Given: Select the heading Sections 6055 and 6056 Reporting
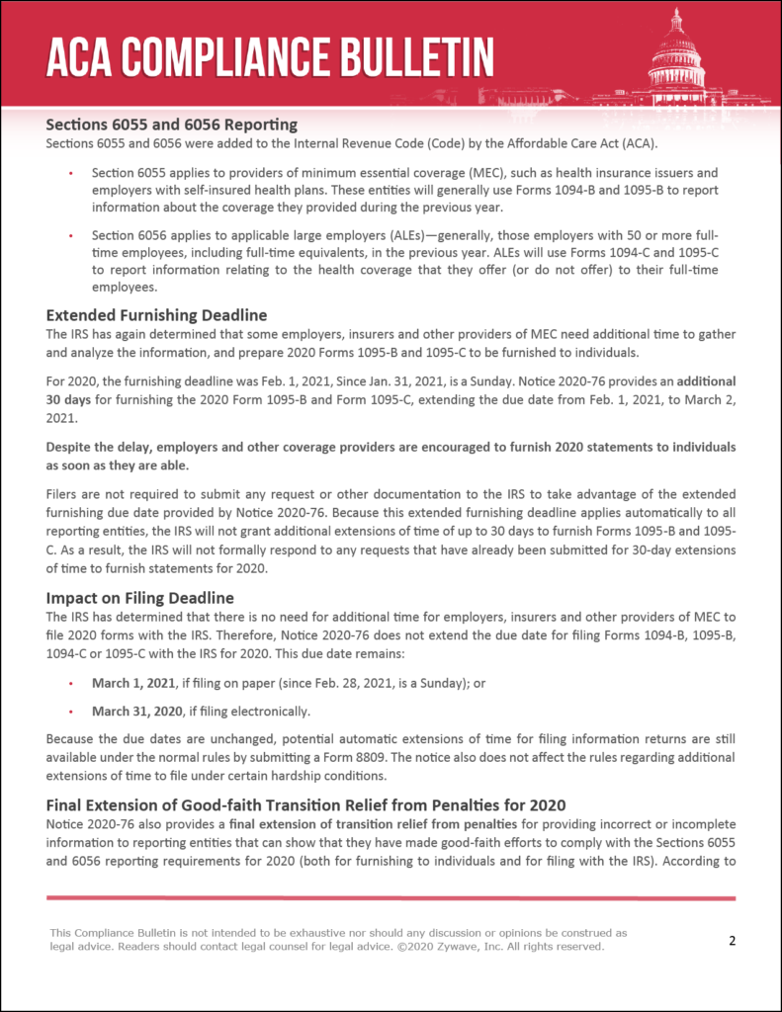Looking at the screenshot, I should (171, 125).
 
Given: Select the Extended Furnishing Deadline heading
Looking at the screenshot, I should (157, 316).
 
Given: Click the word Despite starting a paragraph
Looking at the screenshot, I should (66, 448).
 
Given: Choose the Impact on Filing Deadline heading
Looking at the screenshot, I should (139, 598).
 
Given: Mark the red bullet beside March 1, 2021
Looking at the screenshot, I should (70, 683).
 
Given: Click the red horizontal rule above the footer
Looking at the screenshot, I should (391, 897).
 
